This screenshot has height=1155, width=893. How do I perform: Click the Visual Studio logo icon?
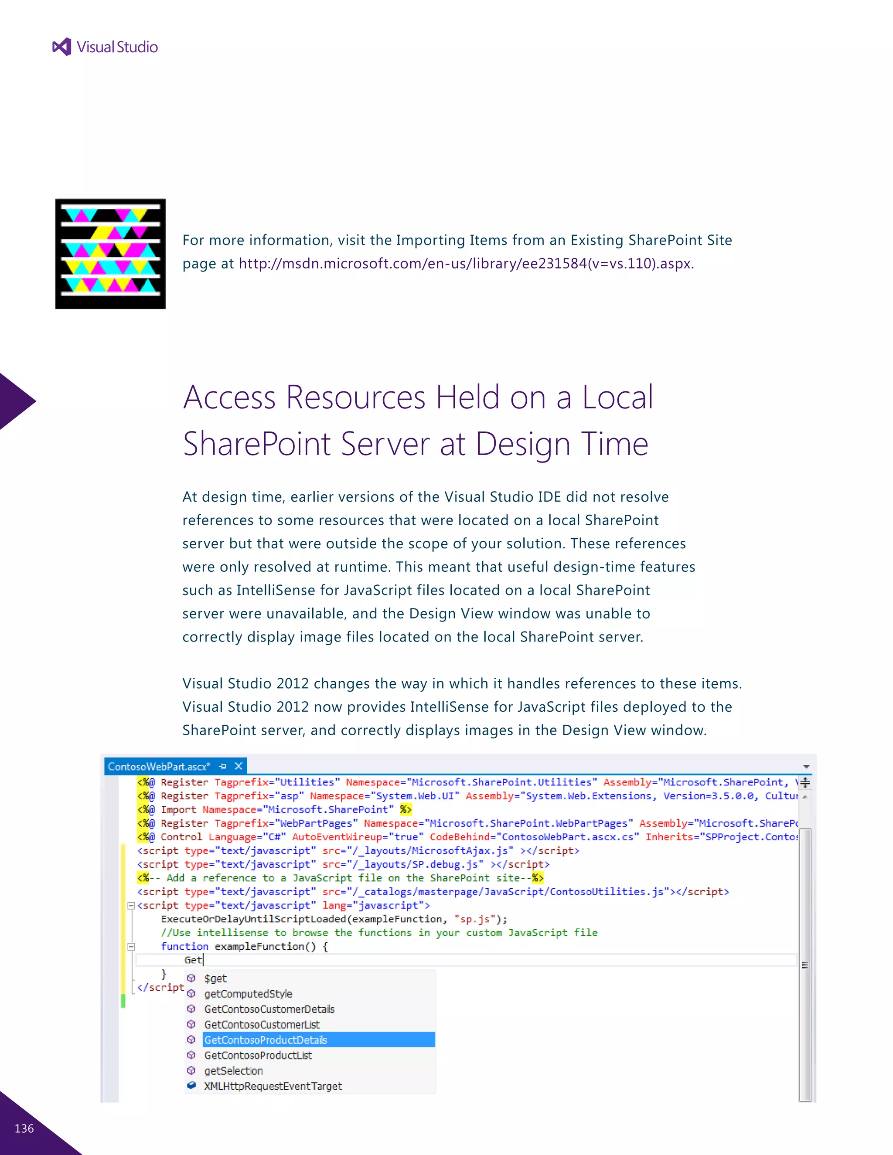coord(62,47)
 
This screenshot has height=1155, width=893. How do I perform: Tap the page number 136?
coord(24,1128)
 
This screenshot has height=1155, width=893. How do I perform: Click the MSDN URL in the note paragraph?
coord(466,263)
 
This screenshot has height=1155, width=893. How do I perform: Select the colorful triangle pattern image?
coord(110,254)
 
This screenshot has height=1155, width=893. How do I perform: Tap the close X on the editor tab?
coord(239,766)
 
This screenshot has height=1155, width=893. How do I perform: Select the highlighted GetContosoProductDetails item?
coord(266,1039)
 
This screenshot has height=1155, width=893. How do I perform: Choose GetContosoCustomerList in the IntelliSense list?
coord(262,1024)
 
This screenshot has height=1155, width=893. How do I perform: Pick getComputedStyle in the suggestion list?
coord(248,994)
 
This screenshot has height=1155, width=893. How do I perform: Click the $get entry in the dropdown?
coord(215,978)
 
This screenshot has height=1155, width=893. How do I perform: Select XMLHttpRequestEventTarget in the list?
coord(273,1086)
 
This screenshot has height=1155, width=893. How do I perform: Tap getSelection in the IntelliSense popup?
coord(233,1070)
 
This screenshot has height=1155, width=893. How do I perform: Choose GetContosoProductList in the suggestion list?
coord(258,1055)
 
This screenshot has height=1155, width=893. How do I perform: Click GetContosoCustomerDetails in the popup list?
coord(269,1009)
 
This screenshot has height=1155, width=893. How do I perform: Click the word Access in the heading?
coord(230,397)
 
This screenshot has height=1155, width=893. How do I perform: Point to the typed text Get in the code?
coord(193,960)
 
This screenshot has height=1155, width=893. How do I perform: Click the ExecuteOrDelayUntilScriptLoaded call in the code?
coord(254,919)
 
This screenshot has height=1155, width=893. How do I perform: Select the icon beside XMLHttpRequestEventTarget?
coord(191,1086)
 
